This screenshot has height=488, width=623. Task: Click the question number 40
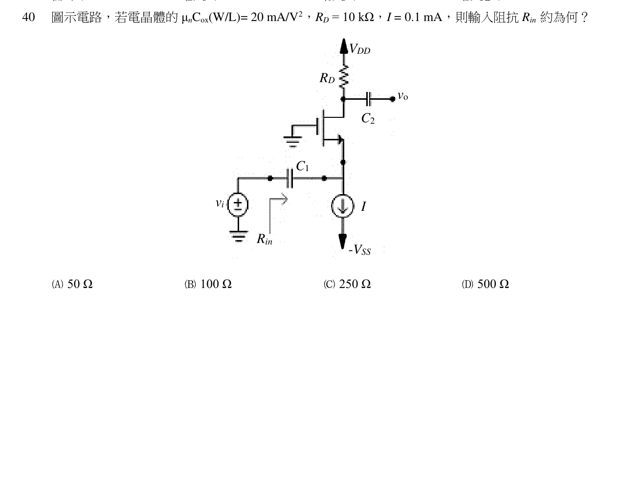(x=28, y=17)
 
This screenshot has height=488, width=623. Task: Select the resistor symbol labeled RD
(x=343, y=76)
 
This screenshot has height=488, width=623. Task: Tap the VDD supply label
(x=360, y=49)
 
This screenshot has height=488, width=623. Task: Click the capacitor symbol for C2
(x=369, y=99)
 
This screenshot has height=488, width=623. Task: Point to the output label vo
(x=403, y=96)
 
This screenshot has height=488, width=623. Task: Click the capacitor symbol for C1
(x=290, y=178)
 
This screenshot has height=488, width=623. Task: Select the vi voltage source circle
(x=238, y=204)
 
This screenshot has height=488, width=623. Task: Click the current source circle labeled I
(x=343, y=206)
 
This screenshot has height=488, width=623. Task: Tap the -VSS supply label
(x=360, y=249)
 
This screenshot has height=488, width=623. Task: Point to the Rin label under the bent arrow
(x=265, y=239)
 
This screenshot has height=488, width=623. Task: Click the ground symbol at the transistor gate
(x=292, y=141)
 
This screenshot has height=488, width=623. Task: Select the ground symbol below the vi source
(x=239, y=236)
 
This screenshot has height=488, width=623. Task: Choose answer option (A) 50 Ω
(x=72, y=284)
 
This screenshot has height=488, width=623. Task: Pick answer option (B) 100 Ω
(x=208, y=284)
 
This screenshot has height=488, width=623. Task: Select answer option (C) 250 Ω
(x=347, y=284)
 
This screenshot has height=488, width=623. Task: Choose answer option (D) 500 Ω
(x=486, y=284)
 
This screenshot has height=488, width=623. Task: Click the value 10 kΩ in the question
(x=358, y=17)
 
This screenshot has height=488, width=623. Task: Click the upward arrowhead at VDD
(x=343, y=46)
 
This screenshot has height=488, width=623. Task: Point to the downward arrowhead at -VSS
(x=343, y=241)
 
